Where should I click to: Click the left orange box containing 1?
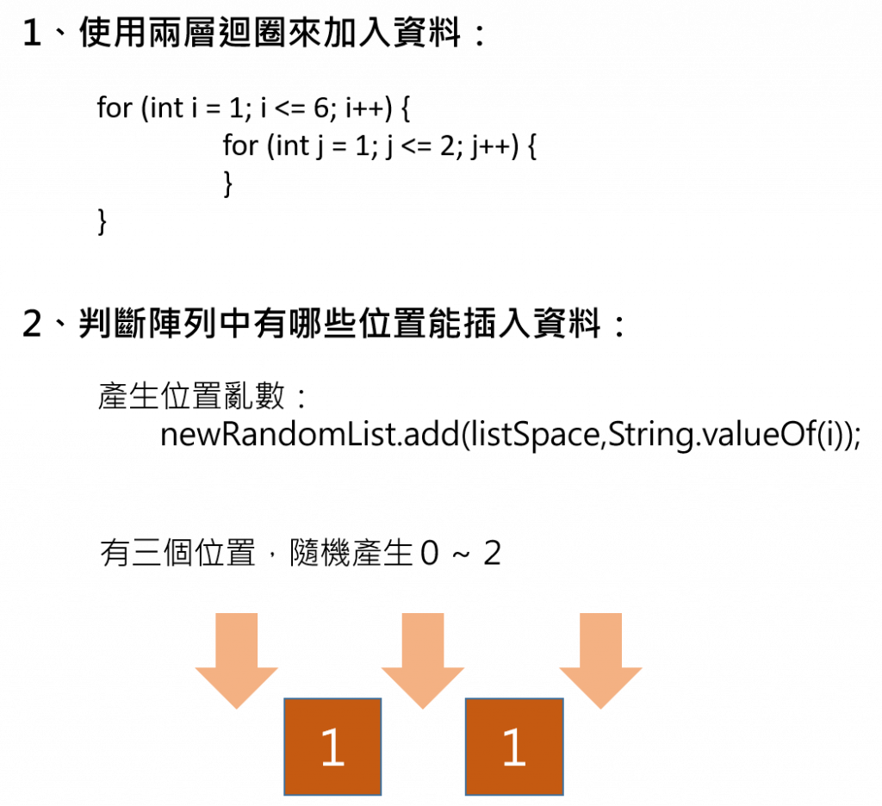click(x=332, y=746)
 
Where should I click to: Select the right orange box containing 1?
click(x=513, y=746)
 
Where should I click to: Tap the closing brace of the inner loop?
click(x=227, y=183)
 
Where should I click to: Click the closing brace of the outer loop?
click(x=102, y=221)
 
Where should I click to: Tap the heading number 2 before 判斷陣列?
click(x=32, y=325)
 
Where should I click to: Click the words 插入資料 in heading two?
click(x=537, y=325)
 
